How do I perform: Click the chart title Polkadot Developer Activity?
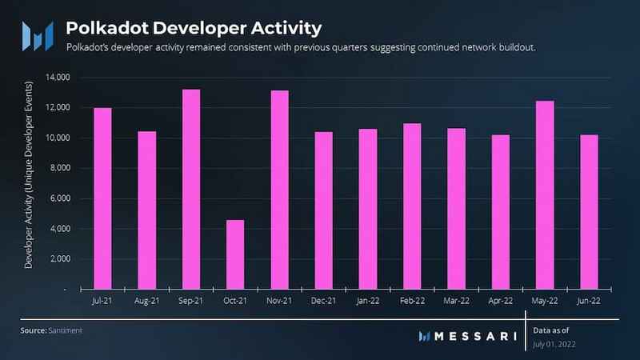[194, 28]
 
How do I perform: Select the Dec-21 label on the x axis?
[324, 302]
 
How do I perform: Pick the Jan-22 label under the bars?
[368, 302]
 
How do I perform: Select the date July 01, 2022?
[554, 344]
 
